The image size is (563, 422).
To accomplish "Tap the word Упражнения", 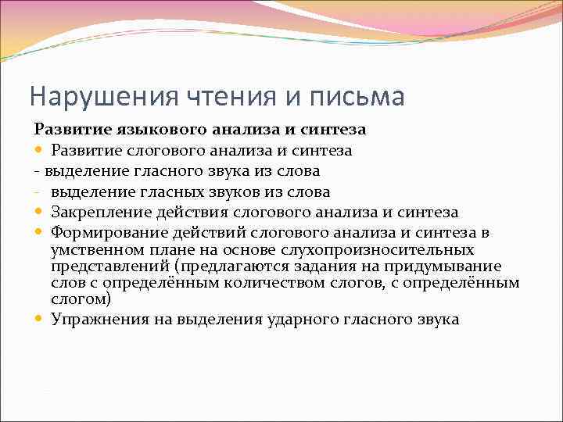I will coord(95,319).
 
